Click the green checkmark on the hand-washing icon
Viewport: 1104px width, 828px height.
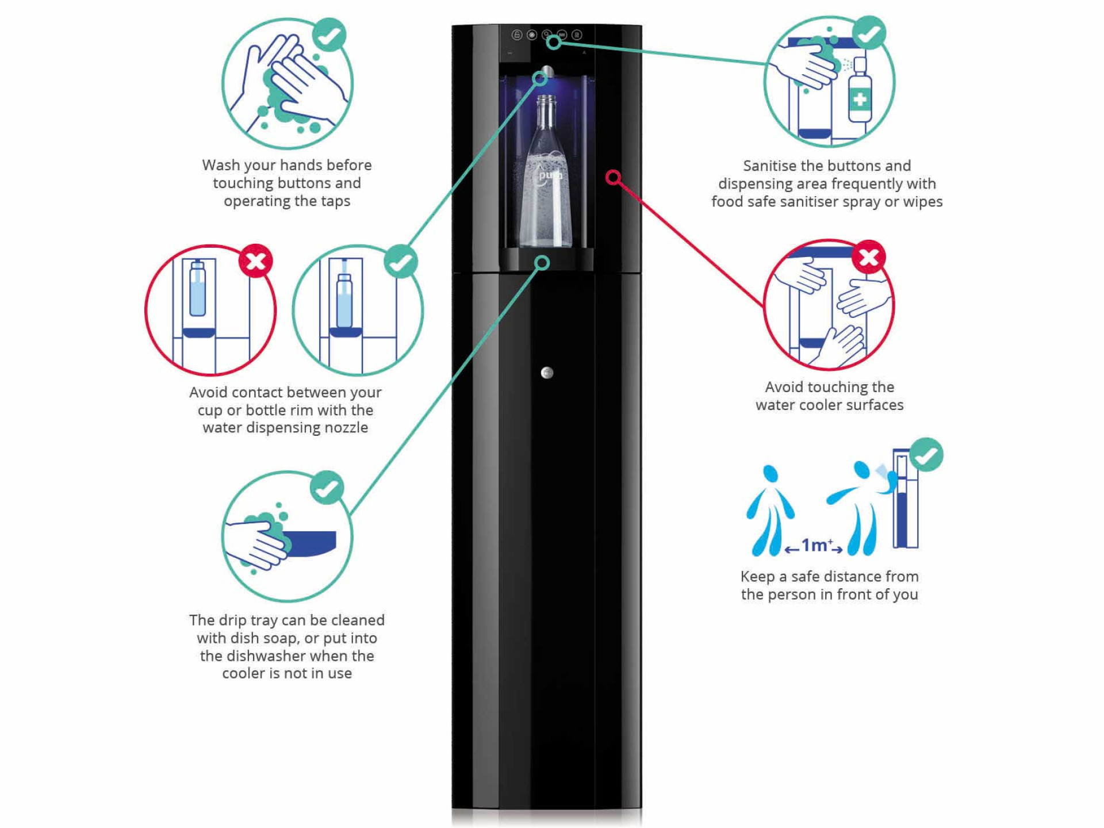329,34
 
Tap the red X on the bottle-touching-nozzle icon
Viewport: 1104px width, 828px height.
256,261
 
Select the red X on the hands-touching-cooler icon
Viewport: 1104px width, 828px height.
868,256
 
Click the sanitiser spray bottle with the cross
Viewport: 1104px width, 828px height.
860,92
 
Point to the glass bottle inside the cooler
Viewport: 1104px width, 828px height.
546,172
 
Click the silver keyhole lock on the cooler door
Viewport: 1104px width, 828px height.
547,373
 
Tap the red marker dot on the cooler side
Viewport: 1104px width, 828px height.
613,177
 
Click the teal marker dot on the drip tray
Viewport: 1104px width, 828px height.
542,263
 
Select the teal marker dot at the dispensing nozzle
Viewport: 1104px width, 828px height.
540,78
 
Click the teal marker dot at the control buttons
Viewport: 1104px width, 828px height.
554,42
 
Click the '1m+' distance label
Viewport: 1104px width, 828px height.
815,545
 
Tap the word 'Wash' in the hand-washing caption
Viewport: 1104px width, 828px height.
221,165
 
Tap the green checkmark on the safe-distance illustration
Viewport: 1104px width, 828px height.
926,455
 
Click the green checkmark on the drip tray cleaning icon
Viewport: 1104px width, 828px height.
327,488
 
